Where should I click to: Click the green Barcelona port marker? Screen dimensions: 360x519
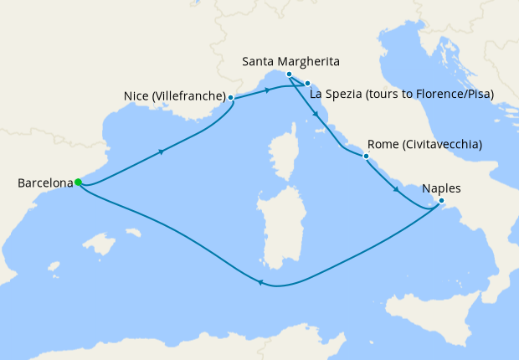pos(77,182)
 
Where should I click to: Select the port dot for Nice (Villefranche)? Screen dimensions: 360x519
pos(230,97)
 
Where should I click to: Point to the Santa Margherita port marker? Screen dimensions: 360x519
pos(289,75)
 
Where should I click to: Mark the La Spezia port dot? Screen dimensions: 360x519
pos(307,83)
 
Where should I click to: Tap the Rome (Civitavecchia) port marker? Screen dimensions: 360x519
pos(366,156)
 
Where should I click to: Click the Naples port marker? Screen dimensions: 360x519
pos(441,200)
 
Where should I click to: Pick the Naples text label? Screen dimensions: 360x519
pos(442,188)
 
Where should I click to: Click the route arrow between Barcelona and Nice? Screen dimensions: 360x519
pos(160,152)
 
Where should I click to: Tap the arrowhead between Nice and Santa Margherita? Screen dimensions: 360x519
pos(267,90)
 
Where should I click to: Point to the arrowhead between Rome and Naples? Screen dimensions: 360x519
pos(396,192)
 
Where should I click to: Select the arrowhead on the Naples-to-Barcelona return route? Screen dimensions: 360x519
pos(260,283)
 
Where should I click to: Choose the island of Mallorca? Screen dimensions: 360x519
pos(100,245)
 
